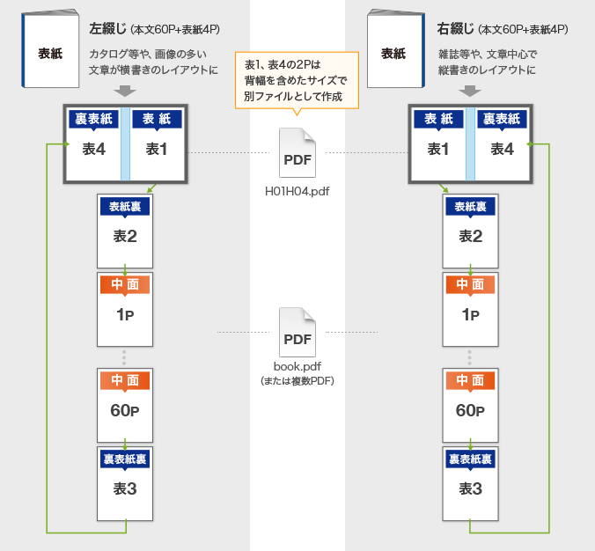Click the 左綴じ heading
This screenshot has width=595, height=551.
107,29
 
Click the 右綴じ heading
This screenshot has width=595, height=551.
455,29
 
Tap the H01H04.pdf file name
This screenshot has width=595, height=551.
297,190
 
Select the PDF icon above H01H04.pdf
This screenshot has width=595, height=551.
297,153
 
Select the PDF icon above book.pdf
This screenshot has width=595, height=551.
297,332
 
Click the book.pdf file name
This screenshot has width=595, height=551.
297,367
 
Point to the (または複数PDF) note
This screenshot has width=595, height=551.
297,381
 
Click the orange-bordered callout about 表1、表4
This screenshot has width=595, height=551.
297,79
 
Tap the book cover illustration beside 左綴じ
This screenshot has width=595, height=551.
51,50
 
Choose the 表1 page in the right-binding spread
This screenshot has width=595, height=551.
438,143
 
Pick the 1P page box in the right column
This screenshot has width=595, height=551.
470,309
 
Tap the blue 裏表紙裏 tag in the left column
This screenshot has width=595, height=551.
125,459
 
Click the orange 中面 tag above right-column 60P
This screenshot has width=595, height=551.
470,380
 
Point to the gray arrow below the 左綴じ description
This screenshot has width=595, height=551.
125,91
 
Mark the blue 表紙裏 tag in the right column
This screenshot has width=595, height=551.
470,207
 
